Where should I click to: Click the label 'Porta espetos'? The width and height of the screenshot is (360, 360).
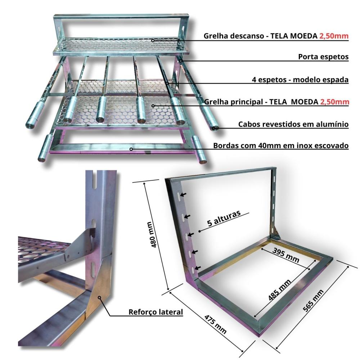[x=323, y=57]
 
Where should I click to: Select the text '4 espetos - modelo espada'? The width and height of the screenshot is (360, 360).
[x=300, y=80]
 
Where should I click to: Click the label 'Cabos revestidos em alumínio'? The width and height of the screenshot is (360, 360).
[x=293, y=125]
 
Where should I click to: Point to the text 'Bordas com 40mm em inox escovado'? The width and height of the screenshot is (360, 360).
[x=281, y=146]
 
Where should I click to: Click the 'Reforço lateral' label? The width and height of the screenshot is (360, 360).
[x=156, y=312]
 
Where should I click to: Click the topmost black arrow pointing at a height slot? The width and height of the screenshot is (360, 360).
[x=184, y=195]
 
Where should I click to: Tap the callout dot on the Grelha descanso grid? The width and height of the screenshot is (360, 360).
[x=153, y=40]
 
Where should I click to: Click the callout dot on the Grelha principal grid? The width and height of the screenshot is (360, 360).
[x=153, y=106]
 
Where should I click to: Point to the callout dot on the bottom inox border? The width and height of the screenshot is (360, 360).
[x=131, y=149]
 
